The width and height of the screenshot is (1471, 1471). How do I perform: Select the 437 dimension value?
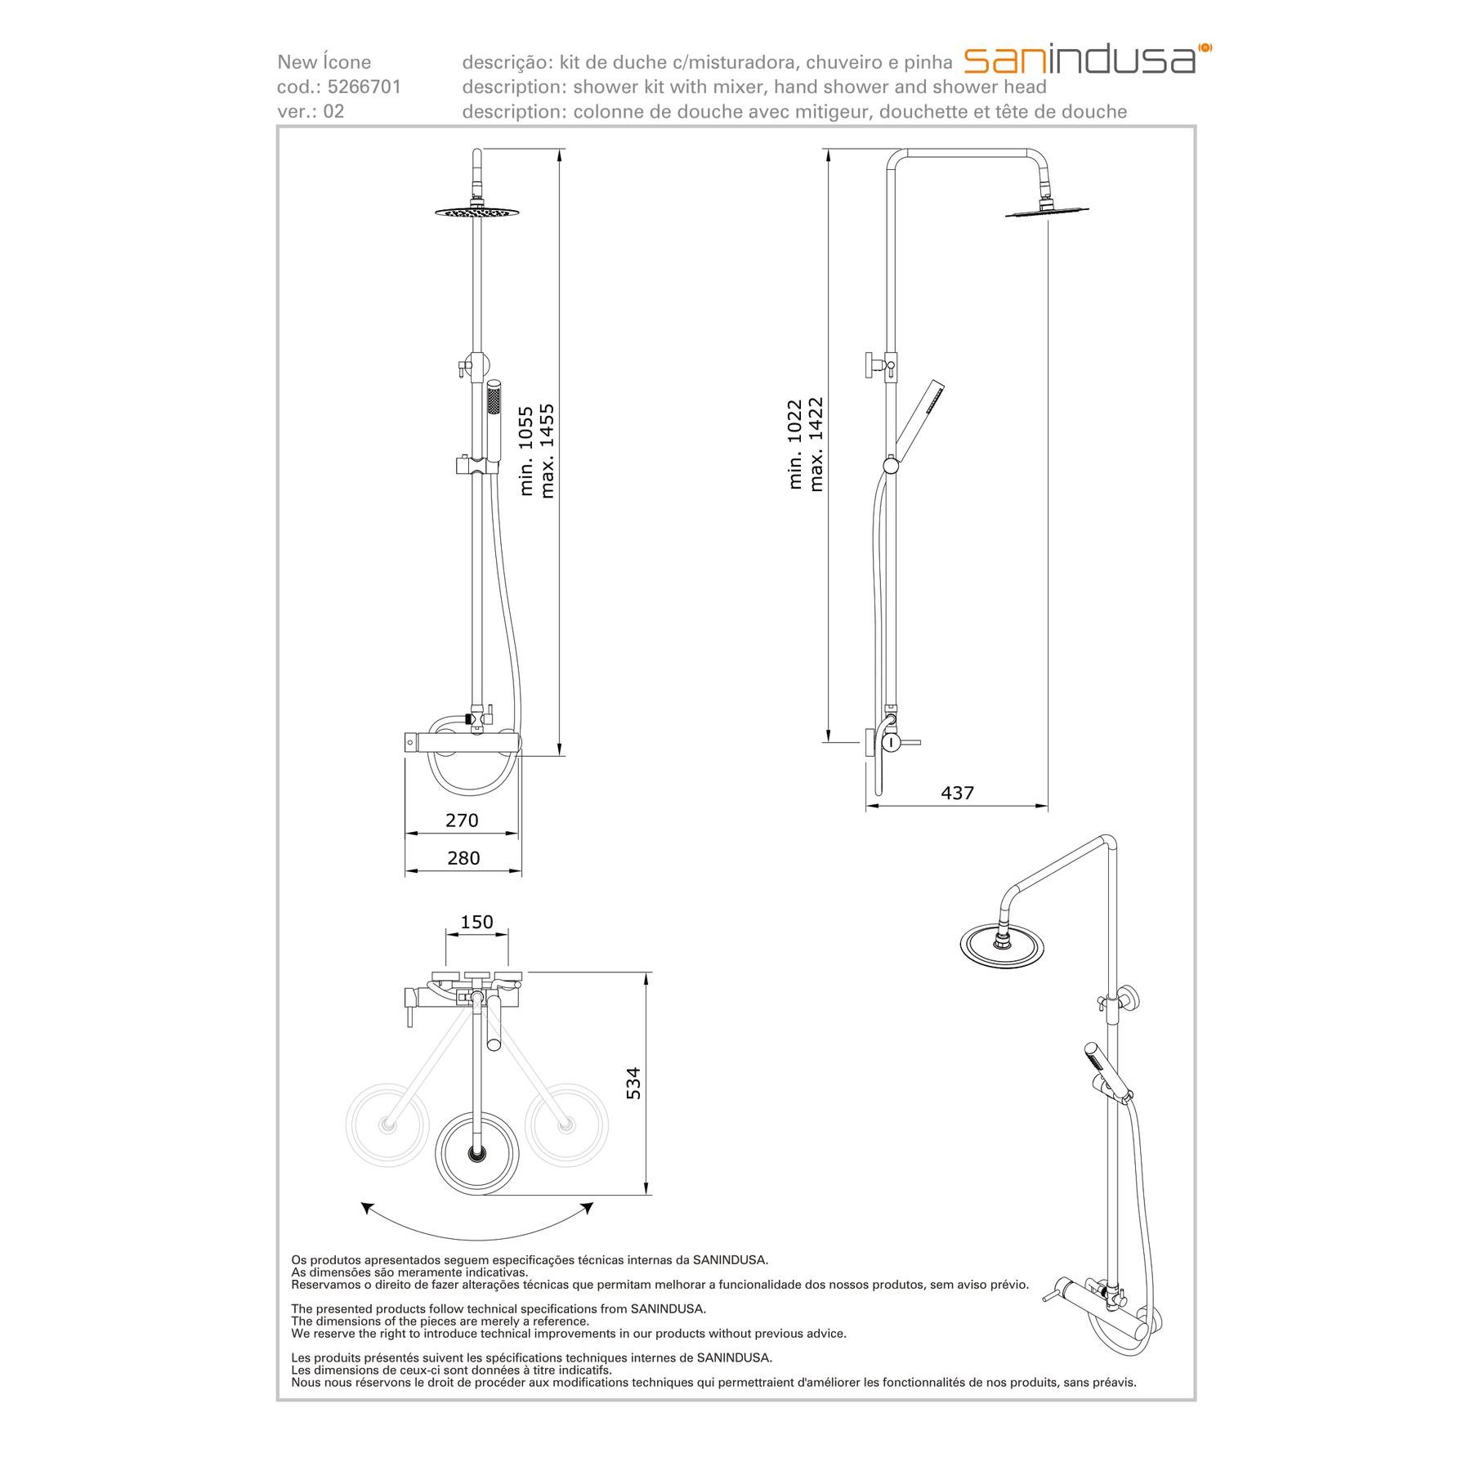pos(957,793)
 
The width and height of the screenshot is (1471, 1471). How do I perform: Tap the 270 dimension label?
pos(462,820)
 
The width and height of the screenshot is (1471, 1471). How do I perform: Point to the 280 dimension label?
pos(463,858)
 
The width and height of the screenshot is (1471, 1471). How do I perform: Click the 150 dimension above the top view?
pos(476,922)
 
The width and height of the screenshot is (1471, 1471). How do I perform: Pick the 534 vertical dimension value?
pos(633,1083)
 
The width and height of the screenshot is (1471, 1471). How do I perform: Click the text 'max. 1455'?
pos(547,450)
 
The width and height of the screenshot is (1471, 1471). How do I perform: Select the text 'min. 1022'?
pos(795,445)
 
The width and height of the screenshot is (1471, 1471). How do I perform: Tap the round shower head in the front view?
pos(478,212)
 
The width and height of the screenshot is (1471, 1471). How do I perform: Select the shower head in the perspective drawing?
pos(1003,946)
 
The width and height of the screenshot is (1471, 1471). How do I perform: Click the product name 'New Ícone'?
pos(324,62)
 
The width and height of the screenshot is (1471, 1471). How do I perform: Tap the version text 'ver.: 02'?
pos(311,111)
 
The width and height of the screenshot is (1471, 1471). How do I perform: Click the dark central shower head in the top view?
pos(476,1152)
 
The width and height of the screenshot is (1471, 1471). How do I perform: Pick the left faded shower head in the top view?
pos(387,1124)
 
